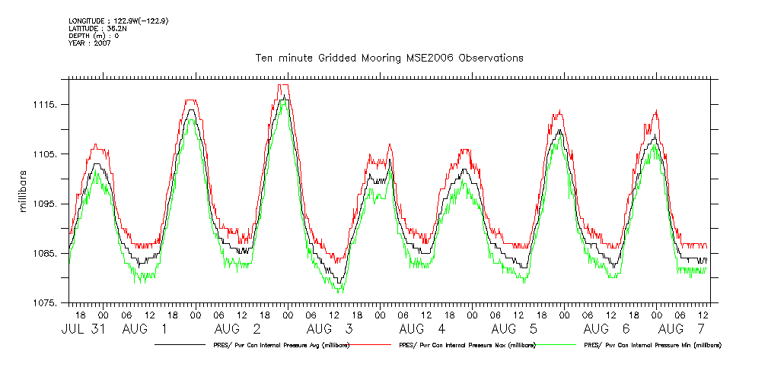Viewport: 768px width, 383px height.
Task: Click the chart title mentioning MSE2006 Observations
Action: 389,59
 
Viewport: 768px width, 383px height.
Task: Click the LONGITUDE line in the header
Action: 118,21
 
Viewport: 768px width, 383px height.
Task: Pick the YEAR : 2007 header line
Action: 89,43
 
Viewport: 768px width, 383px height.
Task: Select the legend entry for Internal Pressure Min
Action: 652,345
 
